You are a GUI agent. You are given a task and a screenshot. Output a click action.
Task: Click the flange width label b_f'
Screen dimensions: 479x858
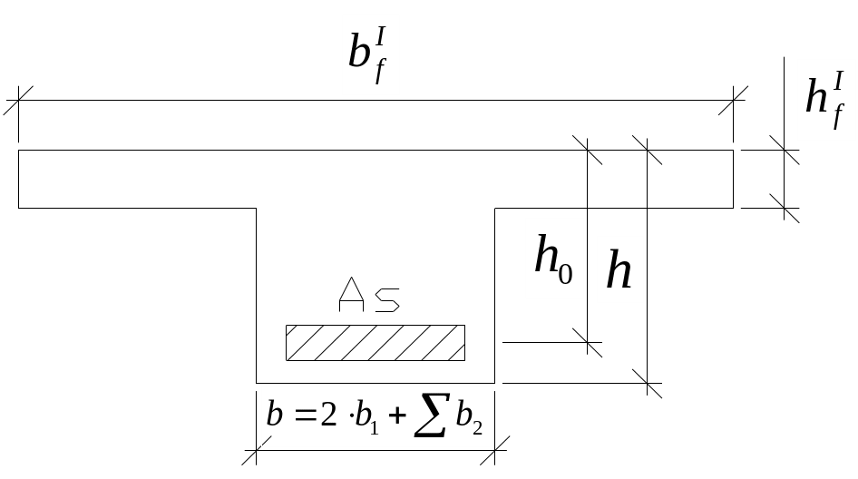(x=370, y=54)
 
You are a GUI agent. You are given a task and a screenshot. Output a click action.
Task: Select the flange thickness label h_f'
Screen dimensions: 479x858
(x=825, y=100)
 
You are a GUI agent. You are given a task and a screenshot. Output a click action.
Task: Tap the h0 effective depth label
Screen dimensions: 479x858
(x=554, y=259)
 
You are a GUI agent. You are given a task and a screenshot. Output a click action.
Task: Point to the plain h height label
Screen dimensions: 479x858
(x=619, y=269)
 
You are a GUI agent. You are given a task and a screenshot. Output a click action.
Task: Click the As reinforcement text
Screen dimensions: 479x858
(x=369, y=296)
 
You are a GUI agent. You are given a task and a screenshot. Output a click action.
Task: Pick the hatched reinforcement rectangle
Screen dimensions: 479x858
(x=375, y=342)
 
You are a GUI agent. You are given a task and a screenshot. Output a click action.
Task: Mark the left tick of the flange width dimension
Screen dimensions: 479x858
(x=19, y=100)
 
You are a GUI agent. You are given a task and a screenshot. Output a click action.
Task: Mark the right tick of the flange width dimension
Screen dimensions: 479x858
(x=734, y=100)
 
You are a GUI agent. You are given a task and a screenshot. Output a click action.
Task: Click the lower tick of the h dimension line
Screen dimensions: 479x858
(x=647, y=382)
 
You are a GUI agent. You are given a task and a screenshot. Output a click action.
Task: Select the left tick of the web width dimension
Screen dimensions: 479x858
(x=257, y=448)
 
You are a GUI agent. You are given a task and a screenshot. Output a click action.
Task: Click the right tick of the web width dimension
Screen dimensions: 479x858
(x=494, y=448)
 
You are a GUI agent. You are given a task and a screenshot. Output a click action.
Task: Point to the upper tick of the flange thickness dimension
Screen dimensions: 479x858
(x=785, y=150)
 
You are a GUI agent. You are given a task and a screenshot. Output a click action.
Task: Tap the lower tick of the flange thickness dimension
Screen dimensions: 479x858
(x=785, y=208)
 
